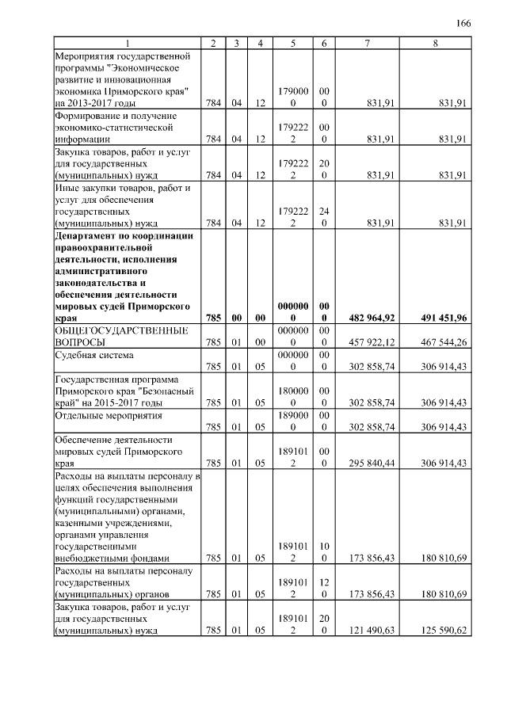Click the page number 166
[463, 23]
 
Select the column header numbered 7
[366, 43]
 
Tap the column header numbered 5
[293, 43]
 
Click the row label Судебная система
[93, 355]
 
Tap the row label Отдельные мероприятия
[107, 414]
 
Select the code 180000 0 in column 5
[293, 396]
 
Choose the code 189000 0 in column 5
[293, 420]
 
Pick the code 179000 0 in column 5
[293, 97]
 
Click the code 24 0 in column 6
[324, 217]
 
